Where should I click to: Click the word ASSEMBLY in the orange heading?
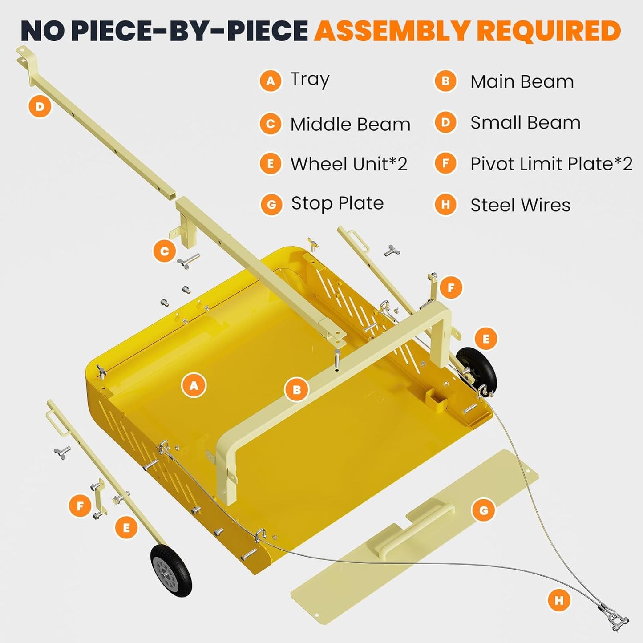(392, 31)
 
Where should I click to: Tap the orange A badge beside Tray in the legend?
(271, 81)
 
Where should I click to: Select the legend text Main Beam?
(522, 82)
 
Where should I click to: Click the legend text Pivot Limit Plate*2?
(551, 164)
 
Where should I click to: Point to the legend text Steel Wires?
(520, 205)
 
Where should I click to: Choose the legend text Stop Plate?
(337, 203)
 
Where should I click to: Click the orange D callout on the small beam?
(40, 107)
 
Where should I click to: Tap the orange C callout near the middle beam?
(164, 251)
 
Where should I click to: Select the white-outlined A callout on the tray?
(194, 385)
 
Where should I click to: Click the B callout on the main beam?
(297, 390)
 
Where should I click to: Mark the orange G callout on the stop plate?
(483, 510)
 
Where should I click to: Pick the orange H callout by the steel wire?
(559, 601)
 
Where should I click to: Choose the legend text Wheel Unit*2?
(349, 164)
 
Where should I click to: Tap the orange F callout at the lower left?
(80, 506)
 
